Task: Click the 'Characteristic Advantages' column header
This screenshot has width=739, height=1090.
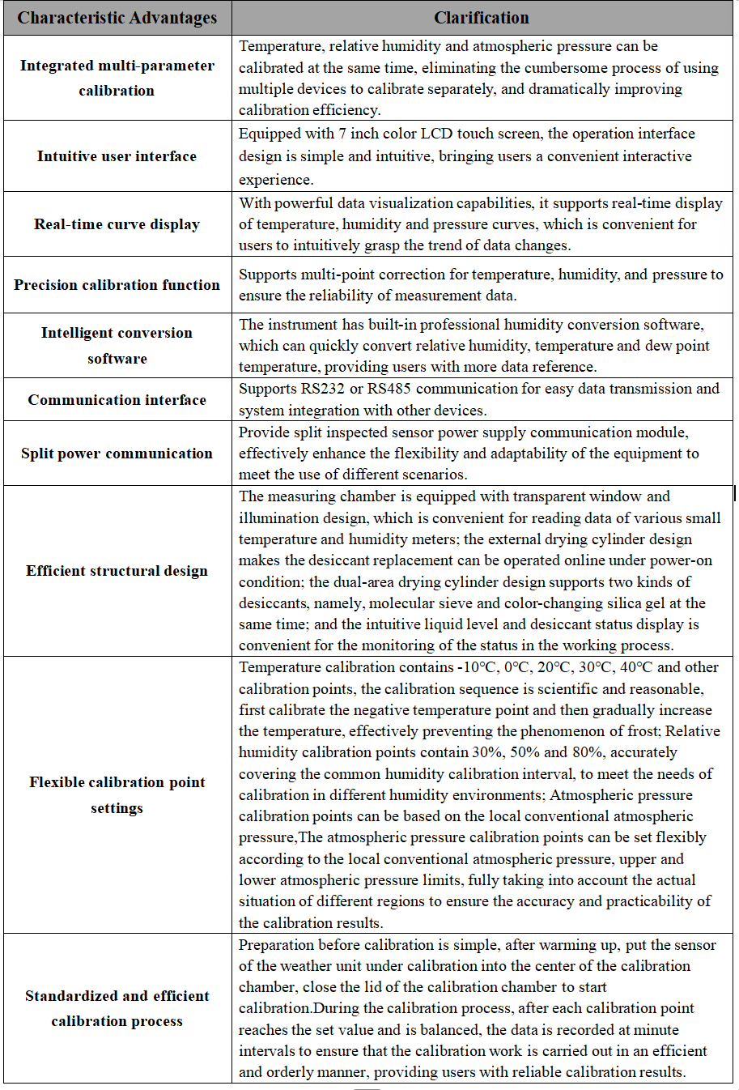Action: pyautogui.click(x=117, y=18)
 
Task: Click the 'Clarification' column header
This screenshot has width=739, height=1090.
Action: pyautogui.click(x=482, y=18)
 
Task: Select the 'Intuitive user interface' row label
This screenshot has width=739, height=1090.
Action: pyautogui.click(x=117, y=156)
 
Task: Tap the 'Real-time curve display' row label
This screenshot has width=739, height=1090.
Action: pyautogui.click(x=117, y=224)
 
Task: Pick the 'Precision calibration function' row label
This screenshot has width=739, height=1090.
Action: pyautogui.click(x=117, y=285)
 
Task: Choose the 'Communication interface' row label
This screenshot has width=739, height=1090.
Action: pyautogui.click(x=117, y=400)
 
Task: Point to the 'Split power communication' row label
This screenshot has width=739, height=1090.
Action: pyautogui.click(x=117, y=453)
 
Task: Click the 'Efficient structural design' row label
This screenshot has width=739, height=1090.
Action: pyautogui.click(x=117, y=571)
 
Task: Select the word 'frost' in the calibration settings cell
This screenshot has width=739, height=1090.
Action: pyautogui.click(x=639, y=731)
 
